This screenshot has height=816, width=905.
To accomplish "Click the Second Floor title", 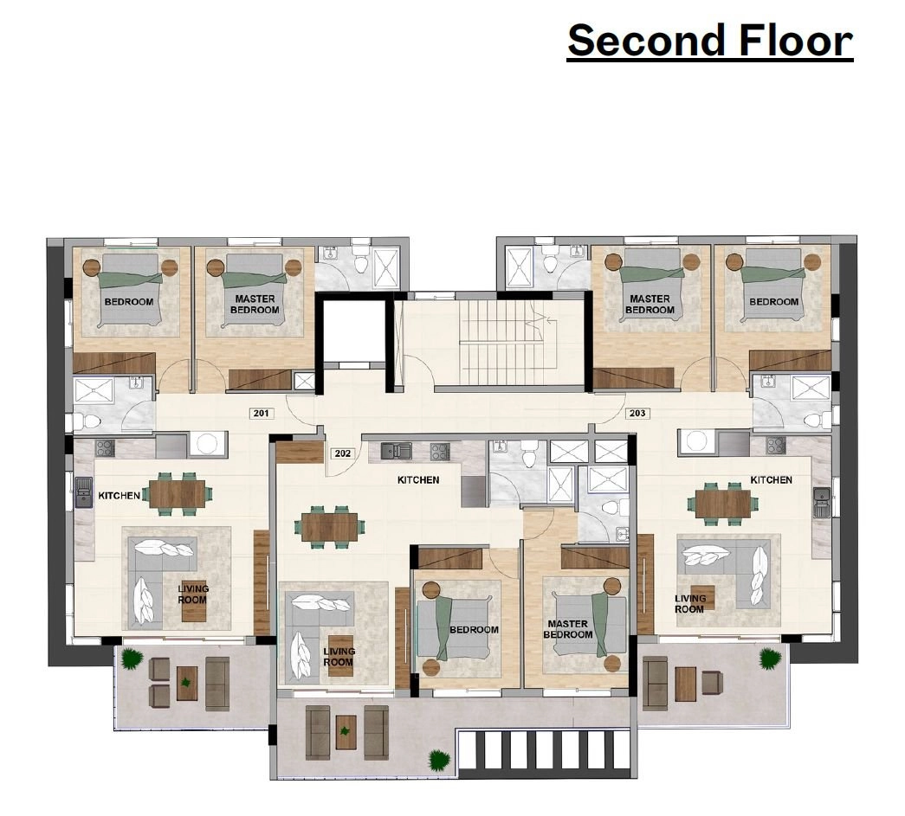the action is pyautogui.click(x=710, y=41).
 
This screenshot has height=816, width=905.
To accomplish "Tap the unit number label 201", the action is pyautogui.click(x=261, y=413).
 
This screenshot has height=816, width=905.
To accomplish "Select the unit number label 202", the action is pyautogui.click(x=343, y=453).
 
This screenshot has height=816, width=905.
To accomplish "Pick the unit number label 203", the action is pyautogui.click(x=637, y=413).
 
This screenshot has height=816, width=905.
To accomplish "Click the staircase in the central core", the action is pyautogui.click(x=502, y=343).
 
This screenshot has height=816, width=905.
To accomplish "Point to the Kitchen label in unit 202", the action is pyautogui.click(x=418, y=479).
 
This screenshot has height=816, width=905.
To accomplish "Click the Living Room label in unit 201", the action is pyautogui.click(x=193, y=594).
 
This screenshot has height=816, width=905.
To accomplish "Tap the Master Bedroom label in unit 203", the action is pyautogui.click(x=650, y=304).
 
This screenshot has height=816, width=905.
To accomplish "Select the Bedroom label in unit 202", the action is pyautogui.click(x=474, y=630).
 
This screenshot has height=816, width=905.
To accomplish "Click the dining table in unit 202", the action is pyautogui.click(x=330, y=527).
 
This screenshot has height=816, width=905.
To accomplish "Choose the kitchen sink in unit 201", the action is pyautogui.click(x=84, y=493).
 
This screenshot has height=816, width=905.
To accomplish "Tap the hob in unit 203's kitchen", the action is pyautogui.click(x=776, y=445).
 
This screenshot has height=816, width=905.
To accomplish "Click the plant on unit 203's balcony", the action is pyautogui.click(x=770, y=658).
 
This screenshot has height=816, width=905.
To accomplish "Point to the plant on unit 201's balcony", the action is pyautogui.click(x=133, y=659).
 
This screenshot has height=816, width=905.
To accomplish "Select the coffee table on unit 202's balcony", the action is pyautogui.click(x=346, y=732).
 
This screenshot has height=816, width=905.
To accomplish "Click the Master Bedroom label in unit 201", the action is pyautogui.click(x=255, y=304).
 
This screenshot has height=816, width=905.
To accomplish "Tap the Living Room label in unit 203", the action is pyautogui.click(x=689, y=604).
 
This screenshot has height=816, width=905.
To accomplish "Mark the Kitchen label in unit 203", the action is pyautogui.click(x=771, y=479).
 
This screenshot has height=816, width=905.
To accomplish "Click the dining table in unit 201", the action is pyautogui.click(x=178, y=494).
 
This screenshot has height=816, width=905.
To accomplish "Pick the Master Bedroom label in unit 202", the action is pyautogui.click(x=568, y=629).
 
